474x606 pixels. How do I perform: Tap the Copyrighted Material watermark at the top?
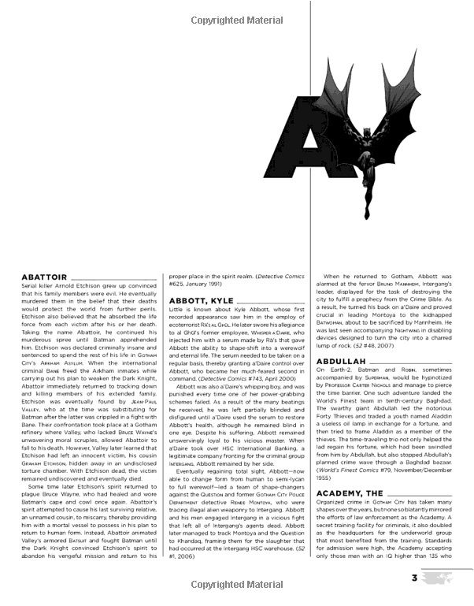[x=236, y=14]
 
